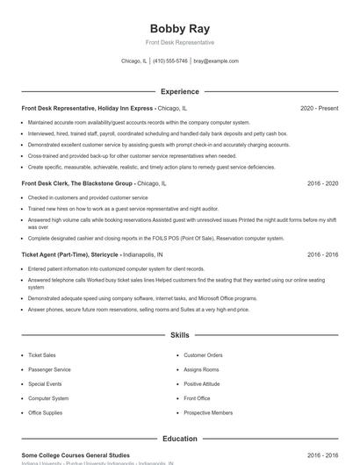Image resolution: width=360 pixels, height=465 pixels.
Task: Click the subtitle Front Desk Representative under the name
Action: [179, 42]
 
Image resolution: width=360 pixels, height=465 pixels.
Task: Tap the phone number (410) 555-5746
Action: [170, 61]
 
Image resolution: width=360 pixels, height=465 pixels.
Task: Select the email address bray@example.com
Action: [216, 61]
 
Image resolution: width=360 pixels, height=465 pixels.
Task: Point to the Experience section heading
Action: [179, 91]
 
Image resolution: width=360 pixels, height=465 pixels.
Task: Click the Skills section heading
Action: [179, 335]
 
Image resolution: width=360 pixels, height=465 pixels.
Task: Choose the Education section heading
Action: [179, 438]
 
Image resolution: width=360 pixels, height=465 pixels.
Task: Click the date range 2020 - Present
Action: [319, 108]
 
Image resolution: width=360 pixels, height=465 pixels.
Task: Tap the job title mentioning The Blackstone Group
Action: [76, 184]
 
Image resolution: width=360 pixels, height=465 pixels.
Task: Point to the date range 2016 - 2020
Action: [322, 184]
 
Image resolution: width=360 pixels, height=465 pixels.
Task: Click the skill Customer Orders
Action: [203, 355]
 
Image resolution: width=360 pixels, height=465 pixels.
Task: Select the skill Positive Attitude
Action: [203, 383]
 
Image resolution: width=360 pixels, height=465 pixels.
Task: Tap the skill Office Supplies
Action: [46, 412]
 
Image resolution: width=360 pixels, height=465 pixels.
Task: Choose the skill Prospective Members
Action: [208, 412]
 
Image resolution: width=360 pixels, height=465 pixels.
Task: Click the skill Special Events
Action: [45, 383]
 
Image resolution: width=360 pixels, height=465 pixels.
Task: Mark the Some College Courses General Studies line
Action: [76, 455]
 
